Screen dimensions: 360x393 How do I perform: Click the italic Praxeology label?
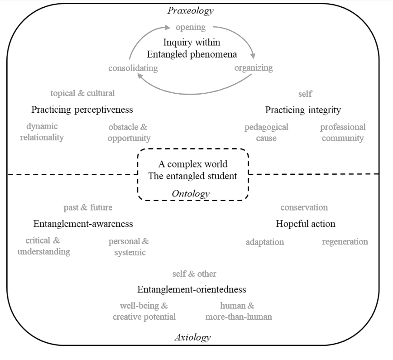coord(190,10)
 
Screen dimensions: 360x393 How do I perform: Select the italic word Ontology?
coord(191,194)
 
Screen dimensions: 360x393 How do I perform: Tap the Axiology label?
coord(192,337)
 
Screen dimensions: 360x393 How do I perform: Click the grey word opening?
coord(191,27)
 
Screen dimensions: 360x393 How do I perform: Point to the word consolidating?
coord(133,68)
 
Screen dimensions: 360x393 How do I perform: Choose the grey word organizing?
coord(254,68)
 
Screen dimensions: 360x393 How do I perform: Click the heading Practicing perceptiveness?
coord(82,110)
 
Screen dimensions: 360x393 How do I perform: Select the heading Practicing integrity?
coord(303,110)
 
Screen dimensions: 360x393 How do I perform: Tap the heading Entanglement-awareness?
coord(83,224)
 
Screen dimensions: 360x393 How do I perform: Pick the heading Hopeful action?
coord(306,224)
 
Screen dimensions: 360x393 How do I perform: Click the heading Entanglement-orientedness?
coord(192,289)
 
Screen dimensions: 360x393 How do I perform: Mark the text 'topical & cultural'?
coord(82,93)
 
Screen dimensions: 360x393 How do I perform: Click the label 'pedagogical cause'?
coord(266,133)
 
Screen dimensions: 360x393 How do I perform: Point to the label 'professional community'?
coord(343,133)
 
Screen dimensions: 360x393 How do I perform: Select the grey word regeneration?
coord(345,241)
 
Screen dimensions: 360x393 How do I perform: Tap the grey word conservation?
coord(304,207)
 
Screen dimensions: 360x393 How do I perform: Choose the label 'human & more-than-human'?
coord(239,311)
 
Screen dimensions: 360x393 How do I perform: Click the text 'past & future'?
coord(88,207)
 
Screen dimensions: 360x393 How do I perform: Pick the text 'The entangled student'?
coord(193,176)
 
